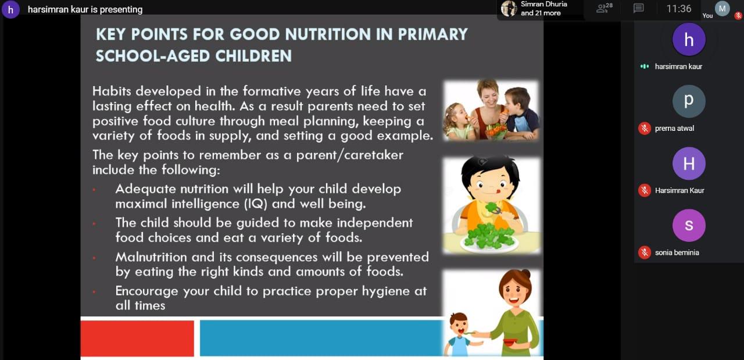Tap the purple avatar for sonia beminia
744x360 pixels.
point(689,226)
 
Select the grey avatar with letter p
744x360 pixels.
point(689,101)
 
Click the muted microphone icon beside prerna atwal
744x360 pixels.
point(645,129)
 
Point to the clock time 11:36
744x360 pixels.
point(678,9)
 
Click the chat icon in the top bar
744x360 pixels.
point(638,8)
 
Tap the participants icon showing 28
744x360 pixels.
point(604,8)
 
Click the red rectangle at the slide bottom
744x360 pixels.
point(137,338)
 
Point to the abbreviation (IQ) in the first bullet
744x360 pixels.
point(255,204)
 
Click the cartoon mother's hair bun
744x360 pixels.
point(525,275)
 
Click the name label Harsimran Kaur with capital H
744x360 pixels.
point(679,191)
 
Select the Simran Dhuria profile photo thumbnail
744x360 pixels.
point(509,8)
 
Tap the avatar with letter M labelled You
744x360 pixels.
point(722,9)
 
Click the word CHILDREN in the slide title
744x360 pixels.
point(253,56)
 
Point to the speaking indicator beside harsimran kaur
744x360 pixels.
point(645,66)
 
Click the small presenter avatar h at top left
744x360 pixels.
point(10,9)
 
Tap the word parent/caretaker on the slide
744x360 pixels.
point(349,155)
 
